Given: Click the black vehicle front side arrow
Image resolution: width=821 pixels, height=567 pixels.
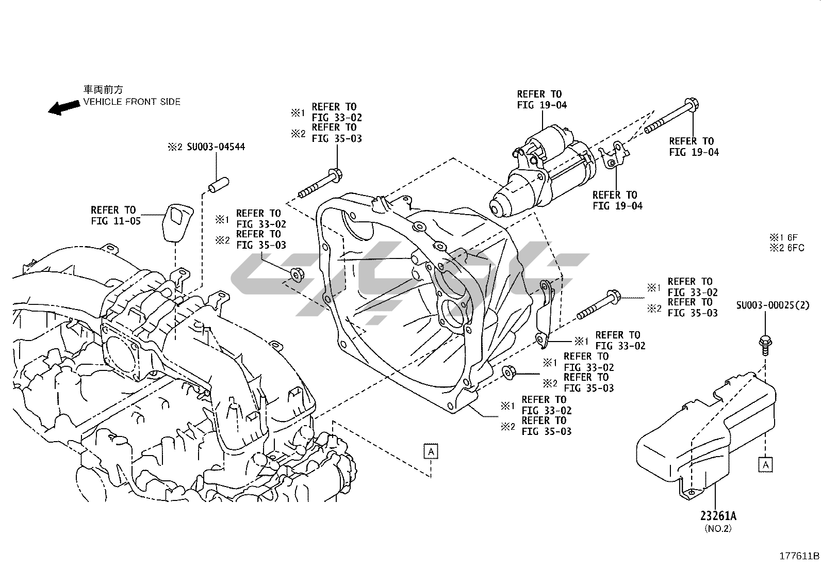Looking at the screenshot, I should (61, 107).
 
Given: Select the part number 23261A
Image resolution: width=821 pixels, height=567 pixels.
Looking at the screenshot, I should (718, 515).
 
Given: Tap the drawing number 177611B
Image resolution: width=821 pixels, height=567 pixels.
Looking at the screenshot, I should (798, 556).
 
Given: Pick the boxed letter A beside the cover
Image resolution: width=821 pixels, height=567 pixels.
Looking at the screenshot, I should (766, 464).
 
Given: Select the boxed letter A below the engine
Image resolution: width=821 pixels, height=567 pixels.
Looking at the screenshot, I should (431, 451).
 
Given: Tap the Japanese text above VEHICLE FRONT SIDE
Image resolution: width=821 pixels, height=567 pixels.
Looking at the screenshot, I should (104, 89).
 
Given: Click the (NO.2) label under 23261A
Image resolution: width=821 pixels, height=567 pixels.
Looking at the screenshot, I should (718, 528).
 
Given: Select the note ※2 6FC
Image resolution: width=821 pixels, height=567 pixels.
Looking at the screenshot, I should (787, 248).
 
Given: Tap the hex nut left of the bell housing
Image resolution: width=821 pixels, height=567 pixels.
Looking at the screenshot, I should (297, 274).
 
